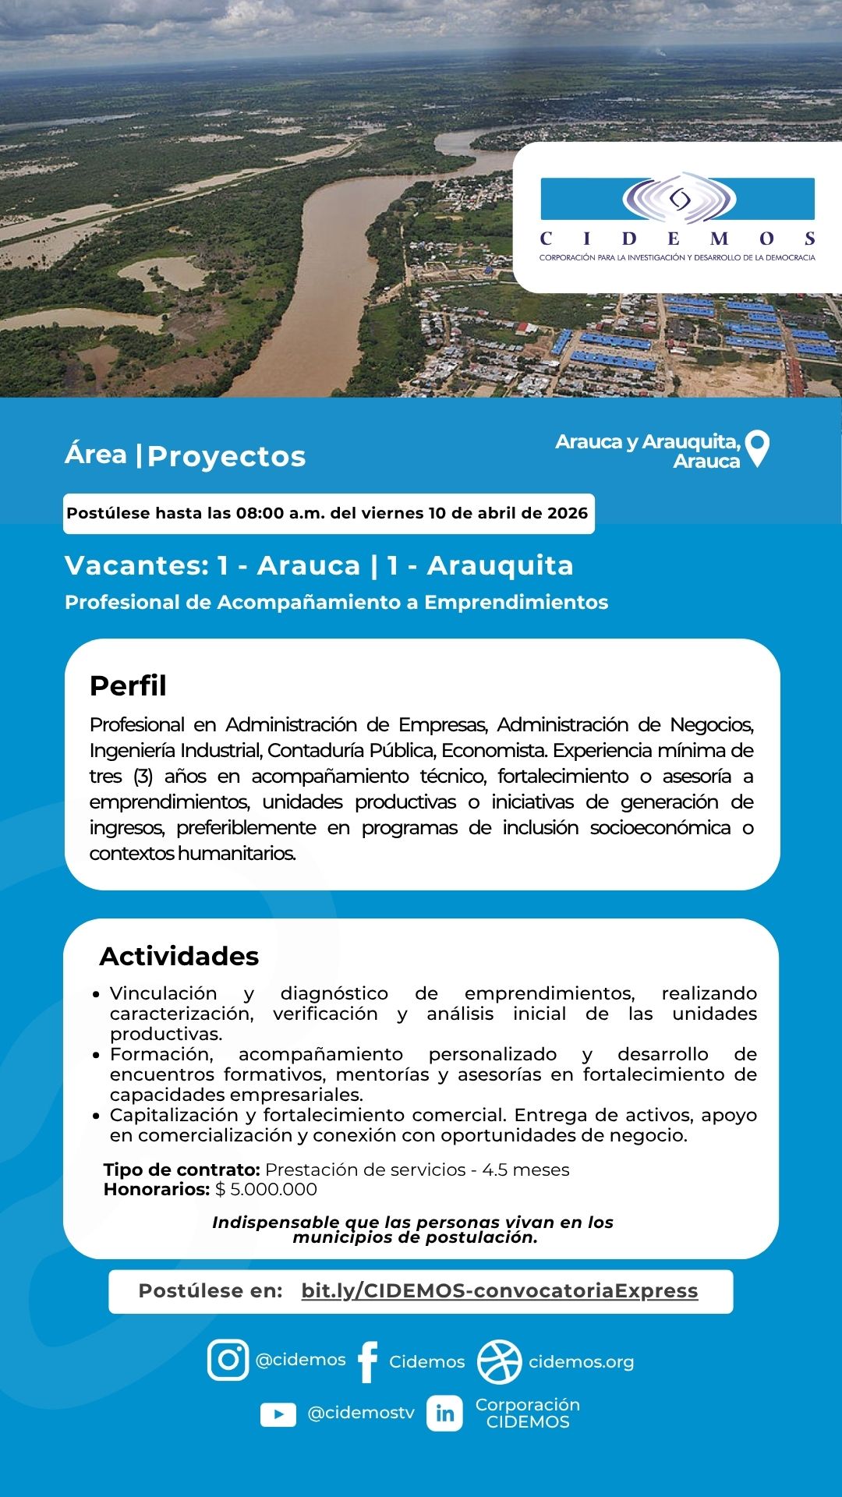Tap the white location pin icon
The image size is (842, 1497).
[757, 448]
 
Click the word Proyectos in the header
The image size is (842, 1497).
[226, 456]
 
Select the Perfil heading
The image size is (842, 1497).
[128, 685]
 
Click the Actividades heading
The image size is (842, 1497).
[179, 956]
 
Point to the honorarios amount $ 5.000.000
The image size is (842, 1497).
[267, 1189]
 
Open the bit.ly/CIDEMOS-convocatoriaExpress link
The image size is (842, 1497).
[499, 1290]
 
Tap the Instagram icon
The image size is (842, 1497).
[228, 1360]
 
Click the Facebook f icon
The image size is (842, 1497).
[367, 1361]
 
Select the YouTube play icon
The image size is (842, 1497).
[278, 1414]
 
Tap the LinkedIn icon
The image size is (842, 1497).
[444, 1413]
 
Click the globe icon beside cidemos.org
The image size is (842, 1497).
[499, 1361]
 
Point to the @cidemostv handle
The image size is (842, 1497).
[361, 1413]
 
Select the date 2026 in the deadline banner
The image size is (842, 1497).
[567, 513]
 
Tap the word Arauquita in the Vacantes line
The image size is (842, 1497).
[500, 565]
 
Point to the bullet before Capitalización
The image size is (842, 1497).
[96, 1116]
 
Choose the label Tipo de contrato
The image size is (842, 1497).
[182, 1170]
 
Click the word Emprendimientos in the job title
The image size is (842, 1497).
[516, 602]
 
